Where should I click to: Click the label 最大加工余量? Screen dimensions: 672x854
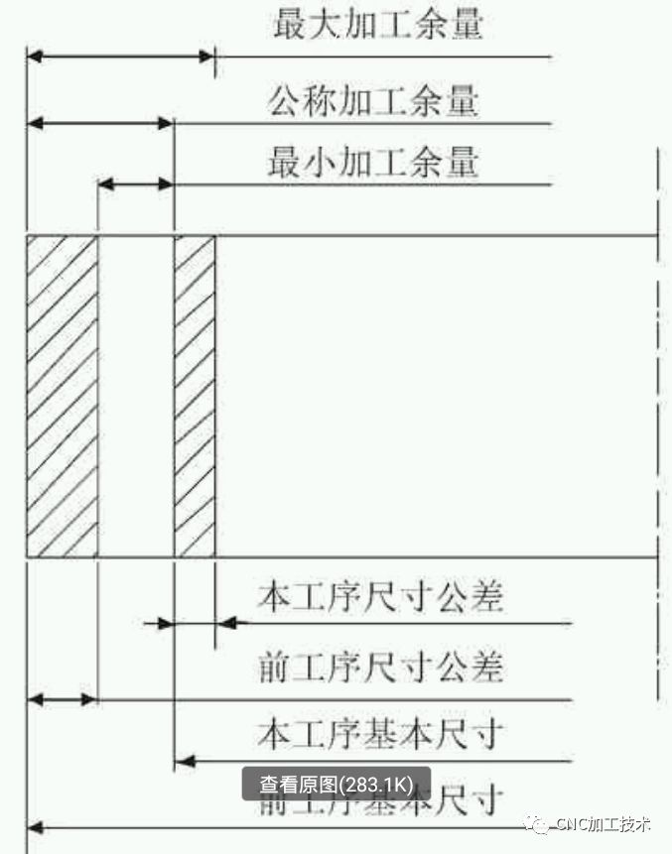377,24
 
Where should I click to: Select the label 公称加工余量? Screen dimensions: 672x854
373,102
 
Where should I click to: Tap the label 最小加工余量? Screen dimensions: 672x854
373,161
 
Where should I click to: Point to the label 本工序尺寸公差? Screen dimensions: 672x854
380,597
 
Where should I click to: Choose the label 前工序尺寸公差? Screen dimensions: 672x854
380,667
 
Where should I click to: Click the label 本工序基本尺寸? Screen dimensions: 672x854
380,735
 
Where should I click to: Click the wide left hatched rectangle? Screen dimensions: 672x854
62,397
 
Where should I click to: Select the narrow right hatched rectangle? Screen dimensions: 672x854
195,397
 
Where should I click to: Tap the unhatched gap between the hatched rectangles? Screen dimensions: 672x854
136,397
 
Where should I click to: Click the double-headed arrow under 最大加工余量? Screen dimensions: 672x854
120,56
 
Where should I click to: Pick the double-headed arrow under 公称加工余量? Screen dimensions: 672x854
100,124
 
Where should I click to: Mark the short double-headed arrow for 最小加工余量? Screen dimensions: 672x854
136,183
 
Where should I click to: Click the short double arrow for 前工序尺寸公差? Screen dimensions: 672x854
62,699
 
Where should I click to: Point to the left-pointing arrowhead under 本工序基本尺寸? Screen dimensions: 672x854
183,762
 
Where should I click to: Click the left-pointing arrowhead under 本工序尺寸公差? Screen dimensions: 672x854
226,623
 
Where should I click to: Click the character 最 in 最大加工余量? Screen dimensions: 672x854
291,24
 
